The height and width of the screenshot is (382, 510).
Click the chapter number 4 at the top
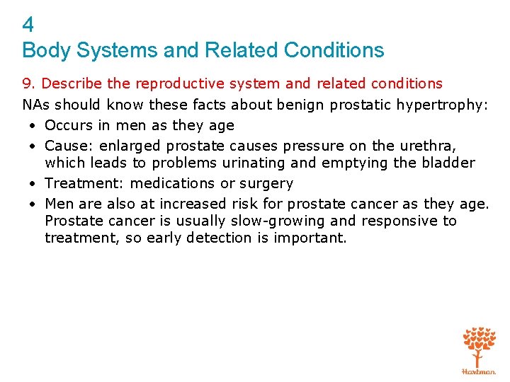tap(28, 25)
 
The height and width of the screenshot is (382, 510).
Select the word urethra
tap(426, 146)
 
